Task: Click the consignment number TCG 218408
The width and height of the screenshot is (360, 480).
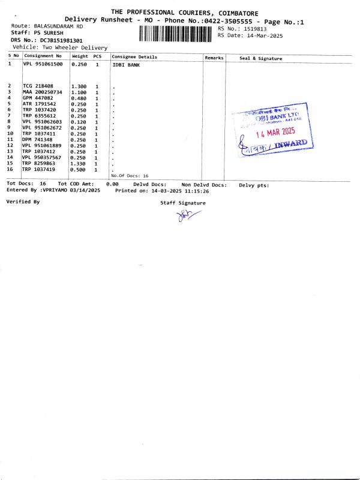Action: click(38, 86)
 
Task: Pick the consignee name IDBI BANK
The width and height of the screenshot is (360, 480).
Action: click(126, 65)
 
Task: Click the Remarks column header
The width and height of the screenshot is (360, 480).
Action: click(214, 58)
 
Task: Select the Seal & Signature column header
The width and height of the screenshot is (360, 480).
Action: click(260, 58)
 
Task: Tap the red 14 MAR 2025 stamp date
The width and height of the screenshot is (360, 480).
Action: click(276, 133)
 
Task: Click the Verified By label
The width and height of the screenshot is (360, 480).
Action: click(23, 202)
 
